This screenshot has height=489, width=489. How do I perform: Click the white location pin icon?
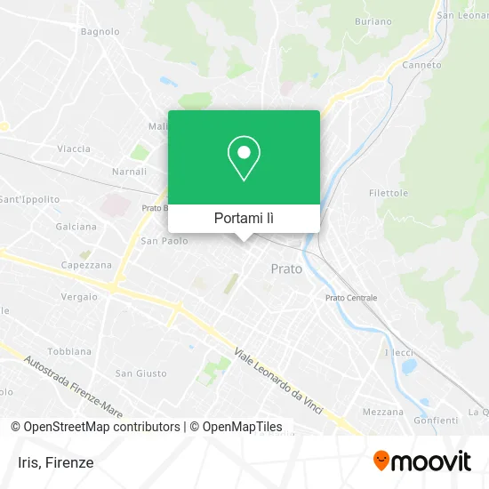click(x=244, y=158)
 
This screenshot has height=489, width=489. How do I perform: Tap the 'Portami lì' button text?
click(x=244, y=218)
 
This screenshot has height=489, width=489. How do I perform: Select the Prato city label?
click(x=286, y=269)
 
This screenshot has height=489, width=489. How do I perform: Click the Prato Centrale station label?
click(x=351, y=298)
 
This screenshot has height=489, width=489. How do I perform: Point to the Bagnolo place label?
click(x=100, y=31)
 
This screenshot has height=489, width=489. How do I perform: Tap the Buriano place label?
click(x=372, y=20)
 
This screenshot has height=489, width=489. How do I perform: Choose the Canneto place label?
click(x=421, y=65)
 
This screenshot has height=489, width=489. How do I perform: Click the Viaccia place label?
click(x=74, y=148)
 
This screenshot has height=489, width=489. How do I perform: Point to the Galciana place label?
click(x=76, y=227)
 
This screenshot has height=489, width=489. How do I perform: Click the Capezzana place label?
click(x=86, y=265)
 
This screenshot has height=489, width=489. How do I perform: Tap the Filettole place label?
click(x=389, y=193)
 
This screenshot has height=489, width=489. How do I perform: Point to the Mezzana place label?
click(x=382, y=412)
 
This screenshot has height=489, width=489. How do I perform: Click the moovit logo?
click(x=421, y=461)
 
